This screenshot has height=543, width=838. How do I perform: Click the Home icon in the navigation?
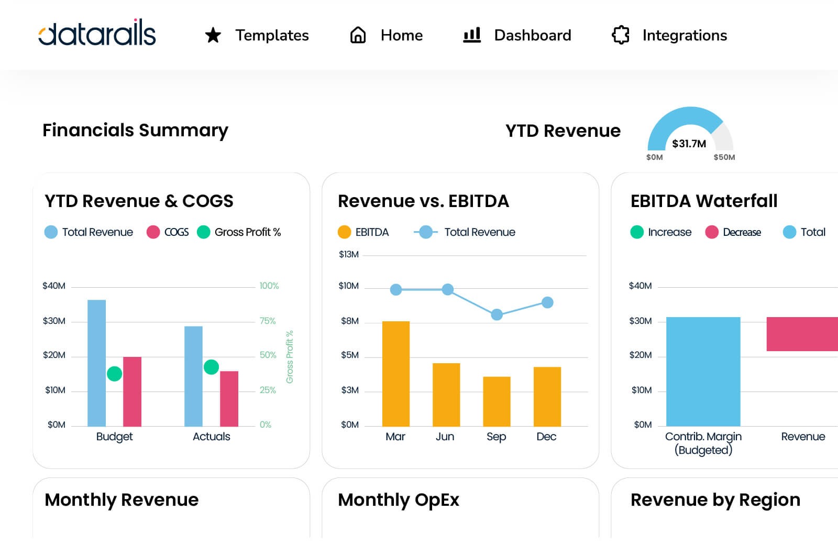358,35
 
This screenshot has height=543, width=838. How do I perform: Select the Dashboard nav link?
532,35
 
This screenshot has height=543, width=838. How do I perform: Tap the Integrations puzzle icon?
621,35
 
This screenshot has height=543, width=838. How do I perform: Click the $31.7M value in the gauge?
689,144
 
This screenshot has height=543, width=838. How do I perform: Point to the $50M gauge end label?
724,157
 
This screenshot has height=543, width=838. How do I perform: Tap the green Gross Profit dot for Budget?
114,374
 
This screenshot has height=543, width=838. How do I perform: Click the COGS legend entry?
169,232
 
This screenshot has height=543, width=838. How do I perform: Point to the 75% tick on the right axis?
268,321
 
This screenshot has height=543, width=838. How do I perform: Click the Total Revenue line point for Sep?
497,314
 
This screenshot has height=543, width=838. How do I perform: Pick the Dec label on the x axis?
546,437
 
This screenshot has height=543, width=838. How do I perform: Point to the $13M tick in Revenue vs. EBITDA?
349,255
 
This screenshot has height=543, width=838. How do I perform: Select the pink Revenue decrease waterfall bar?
802,334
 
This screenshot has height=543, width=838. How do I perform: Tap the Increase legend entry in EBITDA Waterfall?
661,232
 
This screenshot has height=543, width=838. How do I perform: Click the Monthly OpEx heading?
398,500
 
